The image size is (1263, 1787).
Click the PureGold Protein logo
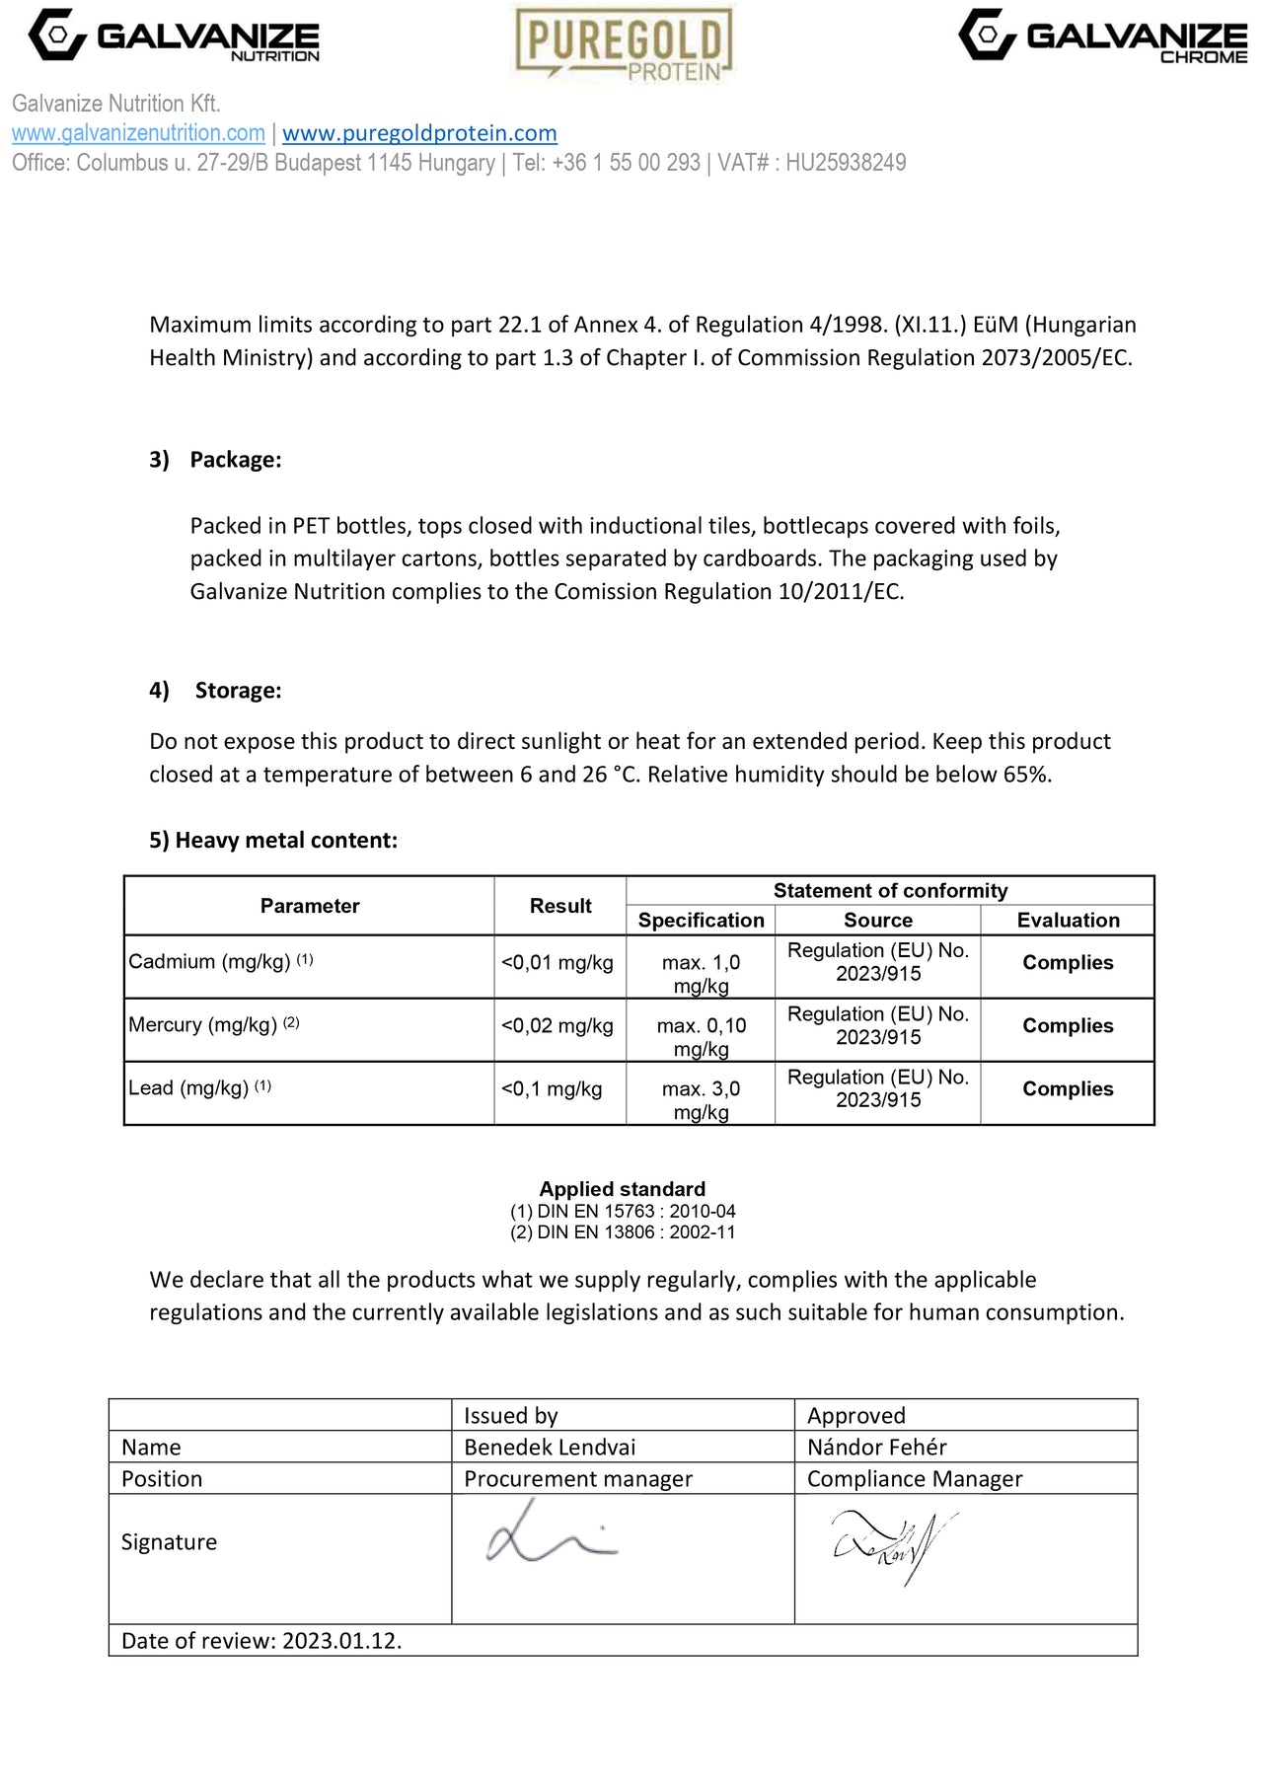coord(624,43)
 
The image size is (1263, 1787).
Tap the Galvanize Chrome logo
coord(1102,36)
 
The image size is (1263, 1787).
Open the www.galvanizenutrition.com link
coord(138,133)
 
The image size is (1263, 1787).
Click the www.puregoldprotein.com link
coord(419,133)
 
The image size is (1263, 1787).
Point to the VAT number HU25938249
coord(845,163)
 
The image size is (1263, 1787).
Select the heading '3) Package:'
coord(215,460)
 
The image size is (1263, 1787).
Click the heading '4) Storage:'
coord(215,691)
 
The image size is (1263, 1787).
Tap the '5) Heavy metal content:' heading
coord(273,841)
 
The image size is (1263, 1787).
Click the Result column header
coord(560,906)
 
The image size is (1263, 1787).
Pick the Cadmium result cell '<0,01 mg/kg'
coord(557,963)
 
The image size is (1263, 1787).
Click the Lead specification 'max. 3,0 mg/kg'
coord(701,1100)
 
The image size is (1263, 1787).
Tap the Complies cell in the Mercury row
coord(1068,1026)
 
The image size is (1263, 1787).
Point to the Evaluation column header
coord(1068,921)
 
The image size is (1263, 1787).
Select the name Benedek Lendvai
coord(550,1448)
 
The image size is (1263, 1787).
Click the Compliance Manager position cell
coord(915,1479)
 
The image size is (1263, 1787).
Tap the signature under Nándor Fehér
coord(893,1543)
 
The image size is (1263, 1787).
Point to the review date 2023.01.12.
coord(341,1641)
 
